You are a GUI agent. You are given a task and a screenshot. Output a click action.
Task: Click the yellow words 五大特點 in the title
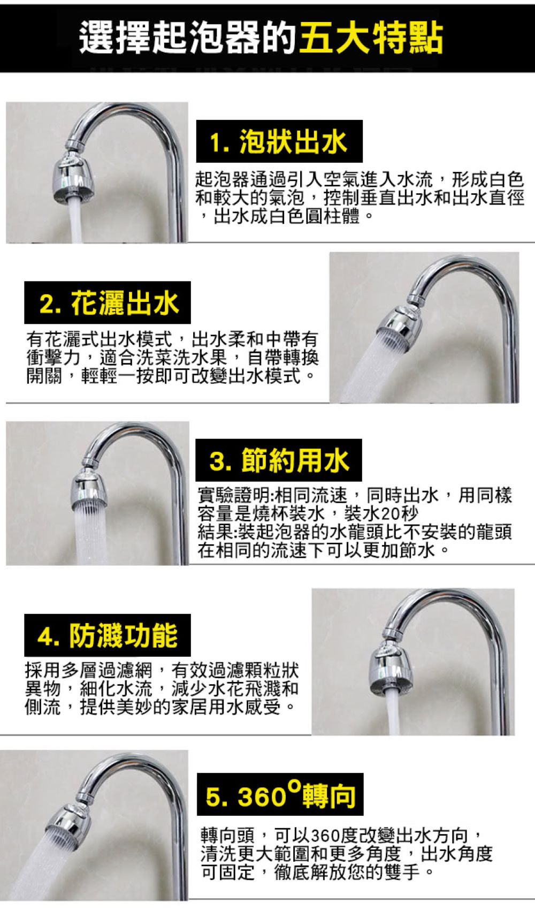pos(371,39)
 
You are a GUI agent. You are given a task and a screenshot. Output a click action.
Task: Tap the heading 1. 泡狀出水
pos(279,142)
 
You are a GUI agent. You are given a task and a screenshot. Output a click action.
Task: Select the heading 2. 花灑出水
pos(109,303)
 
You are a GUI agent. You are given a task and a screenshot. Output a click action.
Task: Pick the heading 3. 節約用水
pos(279,461)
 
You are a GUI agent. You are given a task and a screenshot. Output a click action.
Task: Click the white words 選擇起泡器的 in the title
pos(187,39)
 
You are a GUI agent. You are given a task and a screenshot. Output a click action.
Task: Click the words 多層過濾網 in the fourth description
pos(107,670)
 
